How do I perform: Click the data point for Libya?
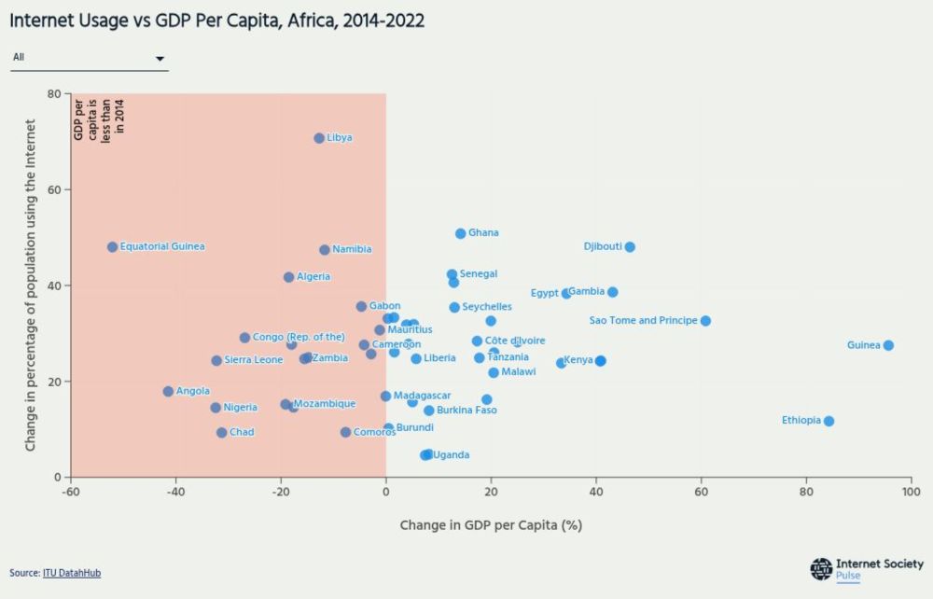(x=319, y=138)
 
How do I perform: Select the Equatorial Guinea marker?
(x=113, y=247)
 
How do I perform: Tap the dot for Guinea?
(x=888, y=345)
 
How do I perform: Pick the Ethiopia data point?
(x=829, y=421)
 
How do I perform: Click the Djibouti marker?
(x=630, y=247)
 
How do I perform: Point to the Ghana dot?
(x=461, y=233)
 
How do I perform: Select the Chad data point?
(x=221, y=433)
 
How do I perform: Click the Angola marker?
(x=168, y=392)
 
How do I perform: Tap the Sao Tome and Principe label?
(x=643, y=321)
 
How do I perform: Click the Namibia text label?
(x=352, y=250)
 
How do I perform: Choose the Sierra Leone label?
(x=253, y=360)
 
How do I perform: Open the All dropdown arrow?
(x=160, y=58)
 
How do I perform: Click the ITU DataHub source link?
(x=72, y=573)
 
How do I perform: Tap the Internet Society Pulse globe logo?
(x=821, y=569)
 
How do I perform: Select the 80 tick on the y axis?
(x=54, y=94)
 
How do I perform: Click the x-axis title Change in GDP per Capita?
(x=491, y=525)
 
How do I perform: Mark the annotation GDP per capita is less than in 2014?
(x=100, y=118)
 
